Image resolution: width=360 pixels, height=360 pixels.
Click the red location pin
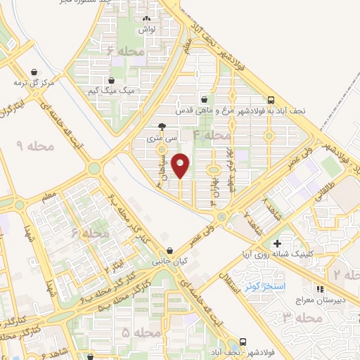tap(181, 165)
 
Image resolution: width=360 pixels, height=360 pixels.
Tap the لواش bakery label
tap(146, 30)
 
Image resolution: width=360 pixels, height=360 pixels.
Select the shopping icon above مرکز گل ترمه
tap(35, 71)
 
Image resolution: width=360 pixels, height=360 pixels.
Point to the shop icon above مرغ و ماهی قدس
tap(204, 99)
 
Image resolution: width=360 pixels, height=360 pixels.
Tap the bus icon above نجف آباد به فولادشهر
tap(271, 100)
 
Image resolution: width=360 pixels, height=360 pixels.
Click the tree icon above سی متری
tap(162, 127)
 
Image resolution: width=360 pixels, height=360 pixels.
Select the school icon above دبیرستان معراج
tap(320, 288)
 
